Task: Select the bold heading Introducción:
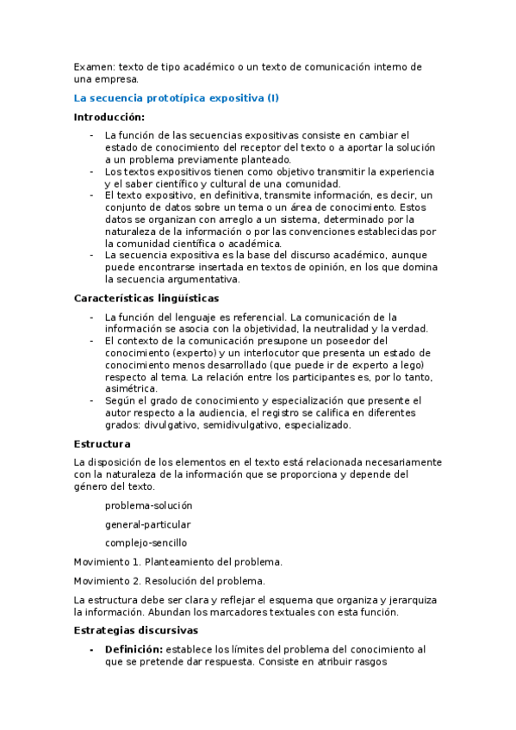coord(109,116)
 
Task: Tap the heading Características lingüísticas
coord(146,298)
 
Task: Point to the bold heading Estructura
coord(103,443)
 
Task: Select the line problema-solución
coord(148,505)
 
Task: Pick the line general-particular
coord(147,524)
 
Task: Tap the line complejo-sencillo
coord(146,542)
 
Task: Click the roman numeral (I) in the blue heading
coord(273,98)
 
